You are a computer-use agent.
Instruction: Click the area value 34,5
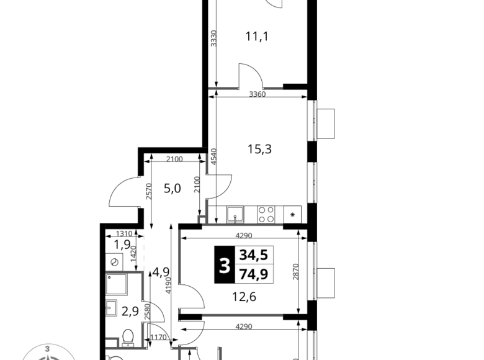pos(254,254)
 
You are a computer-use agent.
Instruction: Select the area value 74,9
pos(254,274)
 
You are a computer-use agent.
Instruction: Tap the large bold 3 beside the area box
pos(225,266)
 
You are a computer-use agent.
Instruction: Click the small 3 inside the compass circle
pos(47,349)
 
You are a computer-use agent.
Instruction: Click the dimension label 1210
pos(124,234)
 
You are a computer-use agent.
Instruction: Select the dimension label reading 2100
pos(174,160)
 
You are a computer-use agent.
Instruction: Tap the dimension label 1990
pos(159,336)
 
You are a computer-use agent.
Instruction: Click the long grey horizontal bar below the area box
pos(242,315)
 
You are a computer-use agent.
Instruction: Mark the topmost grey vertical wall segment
pos(213,38)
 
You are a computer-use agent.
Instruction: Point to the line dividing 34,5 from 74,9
pos(254,264)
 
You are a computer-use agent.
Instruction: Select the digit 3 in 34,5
pos(243,254)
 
